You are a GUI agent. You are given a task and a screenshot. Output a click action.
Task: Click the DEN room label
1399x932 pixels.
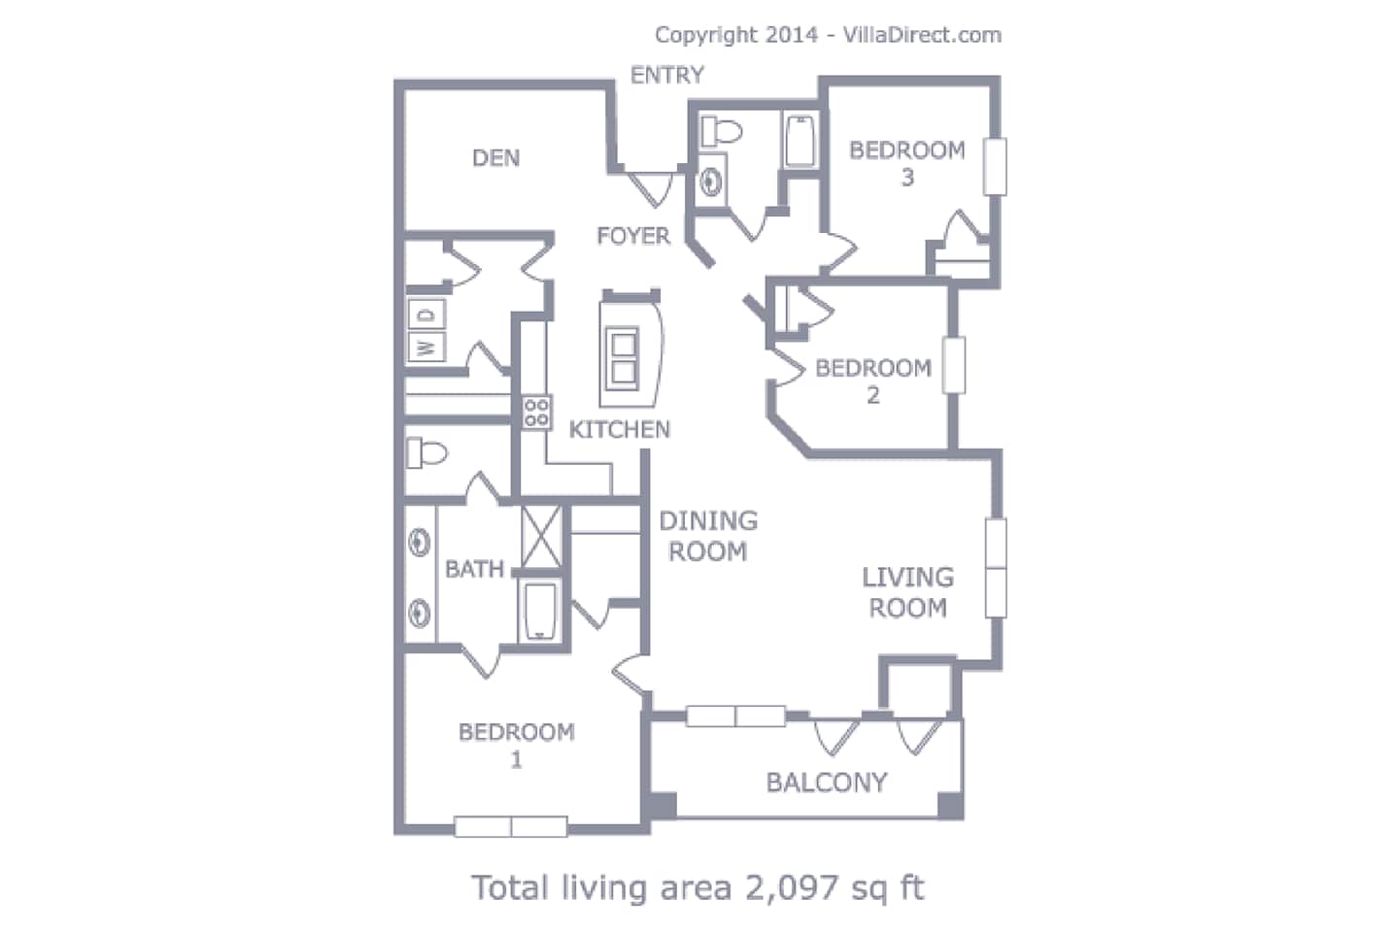click(x=495, y=158)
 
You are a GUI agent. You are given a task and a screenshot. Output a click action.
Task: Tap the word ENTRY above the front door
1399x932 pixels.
click(x=667, y=75)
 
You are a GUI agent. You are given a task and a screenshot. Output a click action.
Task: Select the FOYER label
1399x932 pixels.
click(x=633, y=235)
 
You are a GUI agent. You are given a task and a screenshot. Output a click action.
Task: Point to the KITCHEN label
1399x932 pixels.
click(x=620, y=429)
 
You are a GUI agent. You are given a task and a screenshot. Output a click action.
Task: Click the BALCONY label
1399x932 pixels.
click(x=827, y=782)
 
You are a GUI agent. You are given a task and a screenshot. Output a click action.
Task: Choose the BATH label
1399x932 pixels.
click(x=474, y=569)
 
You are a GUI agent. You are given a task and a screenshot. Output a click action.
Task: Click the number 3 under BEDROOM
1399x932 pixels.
click(x=907, y=178)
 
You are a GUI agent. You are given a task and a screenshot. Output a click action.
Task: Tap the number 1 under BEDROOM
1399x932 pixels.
click(x=516, y=760)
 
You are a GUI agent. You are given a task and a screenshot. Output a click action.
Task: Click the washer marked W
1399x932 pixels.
click(x=427, y=348)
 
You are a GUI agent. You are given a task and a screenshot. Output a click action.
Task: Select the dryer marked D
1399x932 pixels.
click(x=427, y=315)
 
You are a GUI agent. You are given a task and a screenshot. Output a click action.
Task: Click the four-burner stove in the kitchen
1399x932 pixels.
click(x=536, y=412)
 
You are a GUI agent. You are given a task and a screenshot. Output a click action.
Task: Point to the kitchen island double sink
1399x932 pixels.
click(x=623, y=358)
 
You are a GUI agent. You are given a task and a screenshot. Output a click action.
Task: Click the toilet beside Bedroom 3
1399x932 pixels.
click(x=721, y=132)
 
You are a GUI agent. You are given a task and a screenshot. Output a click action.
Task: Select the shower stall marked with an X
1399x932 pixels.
click(x=541, y=537)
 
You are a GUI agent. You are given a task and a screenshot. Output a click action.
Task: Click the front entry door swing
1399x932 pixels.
click(x=650, y=188)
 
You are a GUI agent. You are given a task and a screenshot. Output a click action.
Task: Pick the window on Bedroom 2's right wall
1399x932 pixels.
click(x=953, y=365)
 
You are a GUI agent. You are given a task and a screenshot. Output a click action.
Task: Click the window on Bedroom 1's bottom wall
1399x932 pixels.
click(x=511, y=826)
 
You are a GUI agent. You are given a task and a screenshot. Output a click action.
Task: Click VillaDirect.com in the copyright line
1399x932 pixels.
click(x=923, y=35)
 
